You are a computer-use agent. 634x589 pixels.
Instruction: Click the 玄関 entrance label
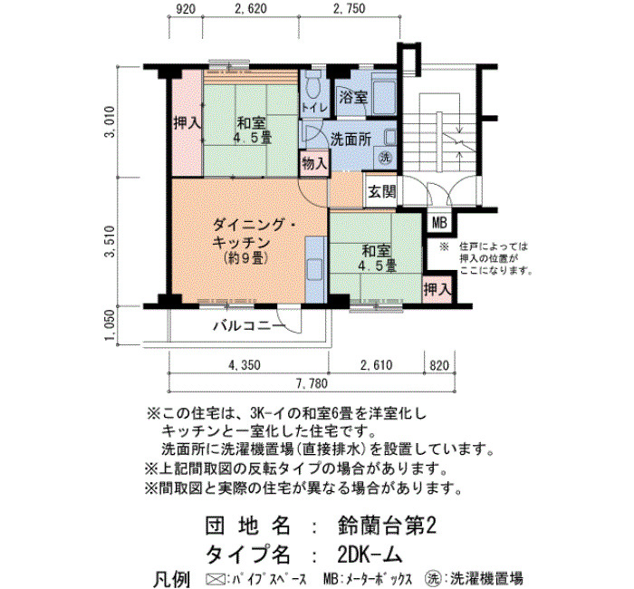click(381, 191)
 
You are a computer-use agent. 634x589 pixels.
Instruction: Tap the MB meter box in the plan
click(439, 223)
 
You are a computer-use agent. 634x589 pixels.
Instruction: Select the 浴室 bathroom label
click(353, 97)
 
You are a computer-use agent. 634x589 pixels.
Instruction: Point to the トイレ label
click(314, 108)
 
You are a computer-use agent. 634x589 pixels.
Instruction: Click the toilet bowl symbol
click(313, 87)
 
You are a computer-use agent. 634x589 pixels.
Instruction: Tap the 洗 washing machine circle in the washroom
click(385, 157)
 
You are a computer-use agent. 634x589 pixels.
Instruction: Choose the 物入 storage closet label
click(314, 163)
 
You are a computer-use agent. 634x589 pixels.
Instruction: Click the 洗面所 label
click(351, 140)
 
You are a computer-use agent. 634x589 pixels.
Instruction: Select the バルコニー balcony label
click(249, 325)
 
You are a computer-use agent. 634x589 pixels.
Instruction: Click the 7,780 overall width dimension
click(312, 383)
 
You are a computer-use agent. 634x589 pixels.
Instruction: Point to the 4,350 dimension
click(245, 365)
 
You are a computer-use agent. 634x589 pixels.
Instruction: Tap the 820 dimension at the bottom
click(439, 365)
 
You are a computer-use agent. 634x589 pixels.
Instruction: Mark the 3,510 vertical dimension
click(110, 241)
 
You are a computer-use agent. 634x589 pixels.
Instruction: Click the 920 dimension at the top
click(186, 9)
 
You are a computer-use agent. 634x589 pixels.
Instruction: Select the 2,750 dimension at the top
click(350, 9)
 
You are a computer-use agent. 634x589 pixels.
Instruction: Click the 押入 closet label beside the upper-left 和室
click(187, 123)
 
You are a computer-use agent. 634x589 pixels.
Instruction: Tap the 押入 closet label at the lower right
click(437, 290)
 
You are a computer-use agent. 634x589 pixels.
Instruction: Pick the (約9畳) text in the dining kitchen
click(245, 258)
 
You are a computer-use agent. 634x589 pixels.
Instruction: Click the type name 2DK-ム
click(370, 555)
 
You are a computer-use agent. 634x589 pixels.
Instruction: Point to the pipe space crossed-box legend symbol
click(215, 578)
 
